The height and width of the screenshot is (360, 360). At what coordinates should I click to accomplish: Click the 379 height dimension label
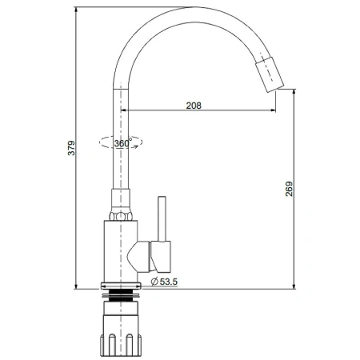click(x=71, y=148)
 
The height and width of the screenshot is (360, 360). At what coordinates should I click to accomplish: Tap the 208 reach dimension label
click(x=194, y=106)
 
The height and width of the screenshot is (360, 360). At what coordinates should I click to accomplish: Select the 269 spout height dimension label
click(x=289, y=189)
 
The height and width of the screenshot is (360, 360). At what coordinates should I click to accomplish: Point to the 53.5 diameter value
click(x=169, y=282)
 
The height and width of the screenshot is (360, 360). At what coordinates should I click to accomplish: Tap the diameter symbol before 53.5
click(x=154, y=282)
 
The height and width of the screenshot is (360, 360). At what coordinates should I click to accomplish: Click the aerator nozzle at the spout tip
click(x=270, y=74)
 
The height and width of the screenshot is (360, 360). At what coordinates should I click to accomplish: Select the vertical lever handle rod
click(x=162, y=219)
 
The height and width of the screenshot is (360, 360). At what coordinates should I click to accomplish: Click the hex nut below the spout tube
click(x=121, y=216)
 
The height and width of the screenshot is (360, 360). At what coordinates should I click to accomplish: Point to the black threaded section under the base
click(x=121, y=295)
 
